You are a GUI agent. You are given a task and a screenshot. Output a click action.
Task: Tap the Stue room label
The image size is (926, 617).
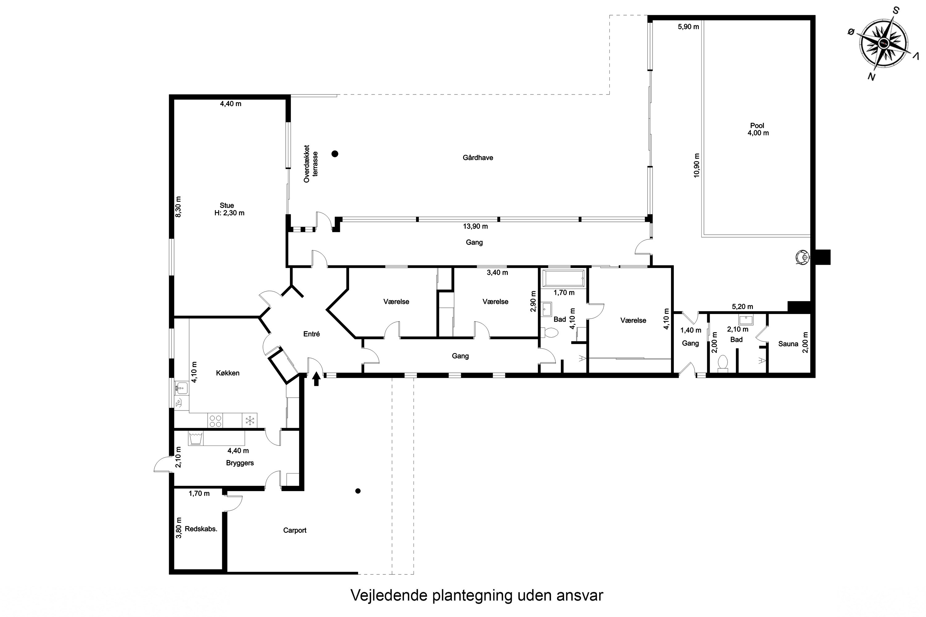(x=227, y=205)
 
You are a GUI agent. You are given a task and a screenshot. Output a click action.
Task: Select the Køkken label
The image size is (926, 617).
(x=227, y=373)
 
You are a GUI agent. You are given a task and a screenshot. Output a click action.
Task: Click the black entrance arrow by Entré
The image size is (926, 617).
(x=316, y=380)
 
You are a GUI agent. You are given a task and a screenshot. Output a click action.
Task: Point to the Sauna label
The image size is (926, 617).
(x=788, y=344)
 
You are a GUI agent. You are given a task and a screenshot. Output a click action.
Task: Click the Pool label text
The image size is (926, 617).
(x=757, y=126)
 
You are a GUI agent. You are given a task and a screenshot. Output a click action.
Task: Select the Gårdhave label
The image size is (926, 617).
(x=478, y=158)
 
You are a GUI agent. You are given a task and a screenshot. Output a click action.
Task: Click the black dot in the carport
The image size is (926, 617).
(x=358, y=491)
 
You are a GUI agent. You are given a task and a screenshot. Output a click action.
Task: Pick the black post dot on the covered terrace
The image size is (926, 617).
(x=335, y=154)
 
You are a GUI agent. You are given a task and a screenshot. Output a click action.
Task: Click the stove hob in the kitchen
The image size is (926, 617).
(x=215, y=420)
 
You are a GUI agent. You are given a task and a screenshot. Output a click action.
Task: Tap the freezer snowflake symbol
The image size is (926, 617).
(x=250, y=420)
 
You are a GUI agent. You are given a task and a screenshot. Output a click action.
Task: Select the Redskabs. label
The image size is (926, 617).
(x=201, y=529)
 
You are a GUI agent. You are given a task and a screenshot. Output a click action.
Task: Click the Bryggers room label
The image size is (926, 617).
(x=240, y=463)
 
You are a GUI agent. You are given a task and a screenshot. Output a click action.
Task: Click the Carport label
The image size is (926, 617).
(x=295, y=530)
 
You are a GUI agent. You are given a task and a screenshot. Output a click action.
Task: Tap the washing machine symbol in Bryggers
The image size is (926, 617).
(x=196, y=438)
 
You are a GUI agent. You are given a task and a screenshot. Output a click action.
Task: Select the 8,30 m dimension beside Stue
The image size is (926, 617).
(x=178, y=207)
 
